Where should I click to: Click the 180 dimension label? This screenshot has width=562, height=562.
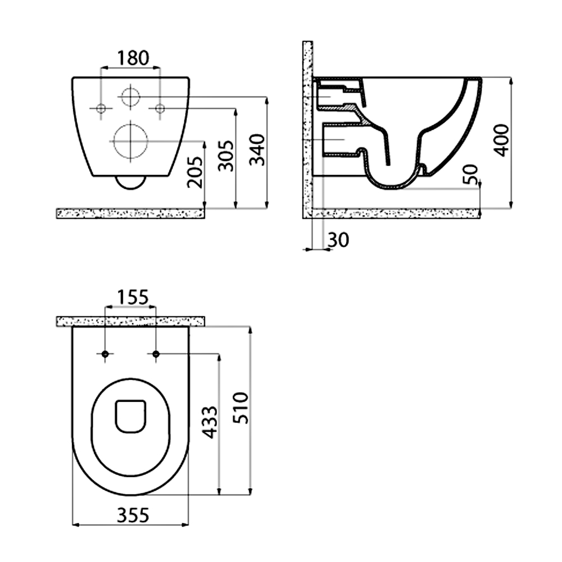click(133, 58)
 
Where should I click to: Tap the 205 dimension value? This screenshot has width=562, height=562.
click(195, 173)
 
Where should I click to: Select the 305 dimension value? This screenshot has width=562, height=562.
click(226, 156)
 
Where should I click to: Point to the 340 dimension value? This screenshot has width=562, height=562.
click(257, 150)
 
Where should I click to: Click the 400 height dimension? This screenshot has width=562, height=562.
click(501, 140)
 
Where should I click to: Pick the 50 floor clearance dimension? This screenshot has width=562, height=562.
click(471, 174)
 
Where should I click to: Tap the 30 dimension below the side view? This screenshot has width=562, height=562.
click(338, 240)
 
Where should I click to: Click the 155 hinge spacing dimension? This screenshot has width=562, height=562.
click(133, 297)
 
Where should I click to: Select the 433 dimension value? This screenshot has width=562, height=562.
click(210, 422)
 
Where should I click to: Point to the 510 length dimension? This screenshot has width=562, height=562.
click(241, 408)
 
